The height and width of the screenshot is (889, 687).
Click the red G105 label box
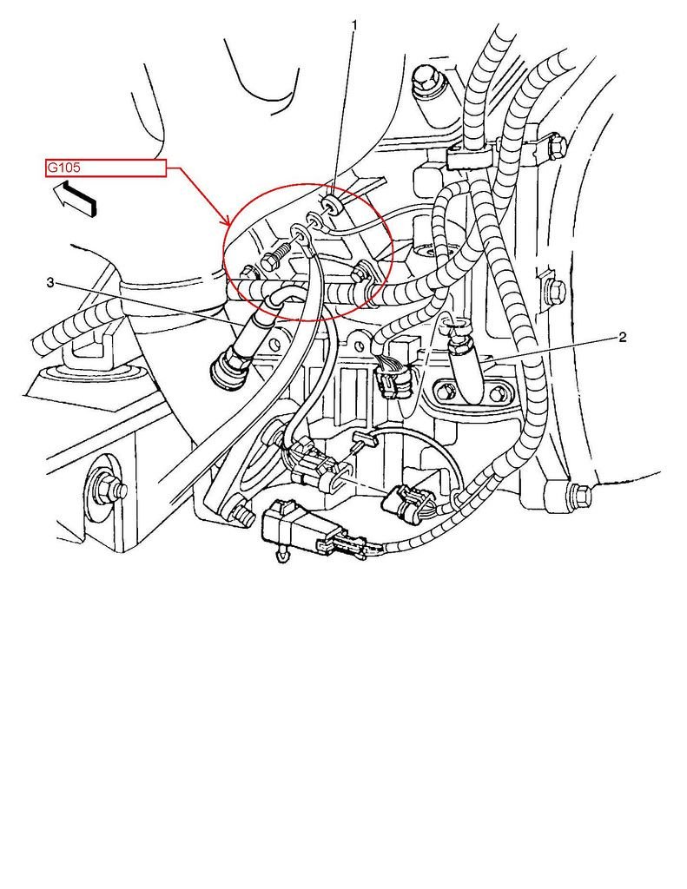point(105,168)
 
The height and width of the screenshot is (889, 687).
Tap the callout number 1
point(354,25)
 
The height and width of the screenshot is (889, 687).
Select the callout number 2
point(623,338)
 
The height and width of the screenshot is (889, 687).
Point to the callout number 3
point(50,282)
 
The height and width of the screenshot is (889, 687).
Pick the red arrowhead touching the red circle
point(228,221)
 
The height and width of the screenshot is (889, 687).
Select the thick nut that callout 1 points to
point(330,205)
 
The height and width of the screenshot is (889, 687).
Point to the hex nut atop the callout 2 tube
point(458,329)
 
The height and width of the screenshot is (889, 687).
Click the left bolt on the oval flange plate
point(446,392)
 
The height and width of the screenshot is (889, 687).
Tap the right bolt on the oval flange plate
point(498,395)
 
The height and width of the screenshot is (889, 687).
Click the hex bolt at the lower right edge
point(578,496)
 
